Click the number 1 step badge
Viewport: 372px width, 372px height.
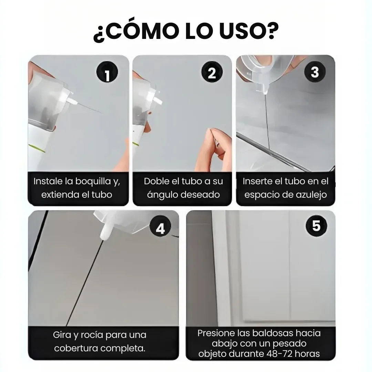pyautogui.click(x=107, y=73)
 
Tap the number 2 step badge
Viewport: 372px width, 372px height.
pyautogui.click(x=212, y=73)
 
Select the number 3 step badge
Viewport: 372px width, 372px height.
pyautogui.click(x=315, y=72)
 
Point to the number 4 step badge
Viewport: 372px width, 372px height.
pyautogui.click(x=161, y=228)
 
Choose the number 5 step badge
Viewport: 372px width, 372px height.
pyautogui.click(x=316, y=226)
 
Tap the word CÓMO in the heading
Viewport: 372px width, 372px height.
pyautogui.click(x=139, y=33)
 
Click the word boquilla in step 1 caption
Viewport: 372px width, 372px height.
pyautogui.click(x=90, y=181)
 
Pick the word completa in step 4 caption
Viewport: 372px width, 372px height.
pyautogui.click(x=123, y=348)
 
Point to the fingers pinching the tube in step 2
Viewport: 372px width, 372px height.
pyautogui.click(x=216, y=138)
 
